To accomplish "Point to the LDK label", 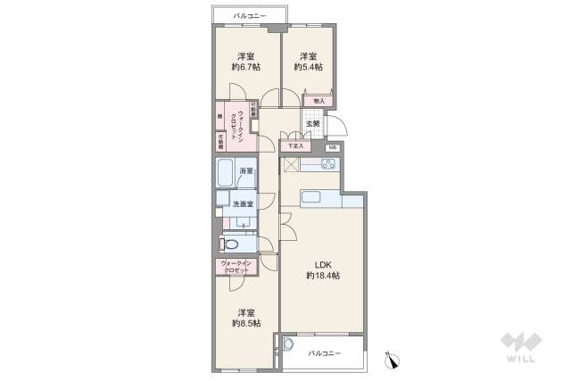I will point(322,263).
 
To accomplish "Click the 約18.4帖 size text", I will point(322,276).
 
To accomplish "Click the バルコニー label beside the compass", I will point(326,354).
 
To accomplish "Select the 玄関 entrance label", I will point(312,124).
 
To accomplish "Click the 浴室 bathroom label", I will point(246,170).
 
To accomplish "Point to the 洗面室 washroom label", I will point(244,204).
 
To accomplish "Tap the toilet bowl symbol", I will point(229,243).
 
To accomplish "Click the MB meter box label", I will point(332,146).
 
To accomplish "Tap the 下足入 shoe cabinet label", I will point(294,145).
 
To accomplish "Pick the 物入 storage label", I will point(319,101).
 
